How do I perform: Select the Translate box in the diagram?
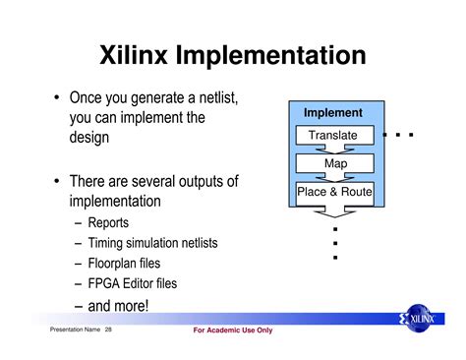333,135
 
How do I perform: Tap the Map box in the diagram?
334,163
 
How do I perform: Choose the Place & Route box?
334,192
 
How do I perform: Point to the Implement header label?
333,113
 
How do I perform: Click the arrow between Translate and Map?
334,149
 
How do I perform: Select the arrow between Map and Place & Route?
334,177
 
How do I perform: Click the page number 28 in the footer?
109,330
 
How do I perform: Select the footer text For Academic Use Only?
233,330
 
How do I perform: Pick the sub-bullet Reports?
115,223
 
